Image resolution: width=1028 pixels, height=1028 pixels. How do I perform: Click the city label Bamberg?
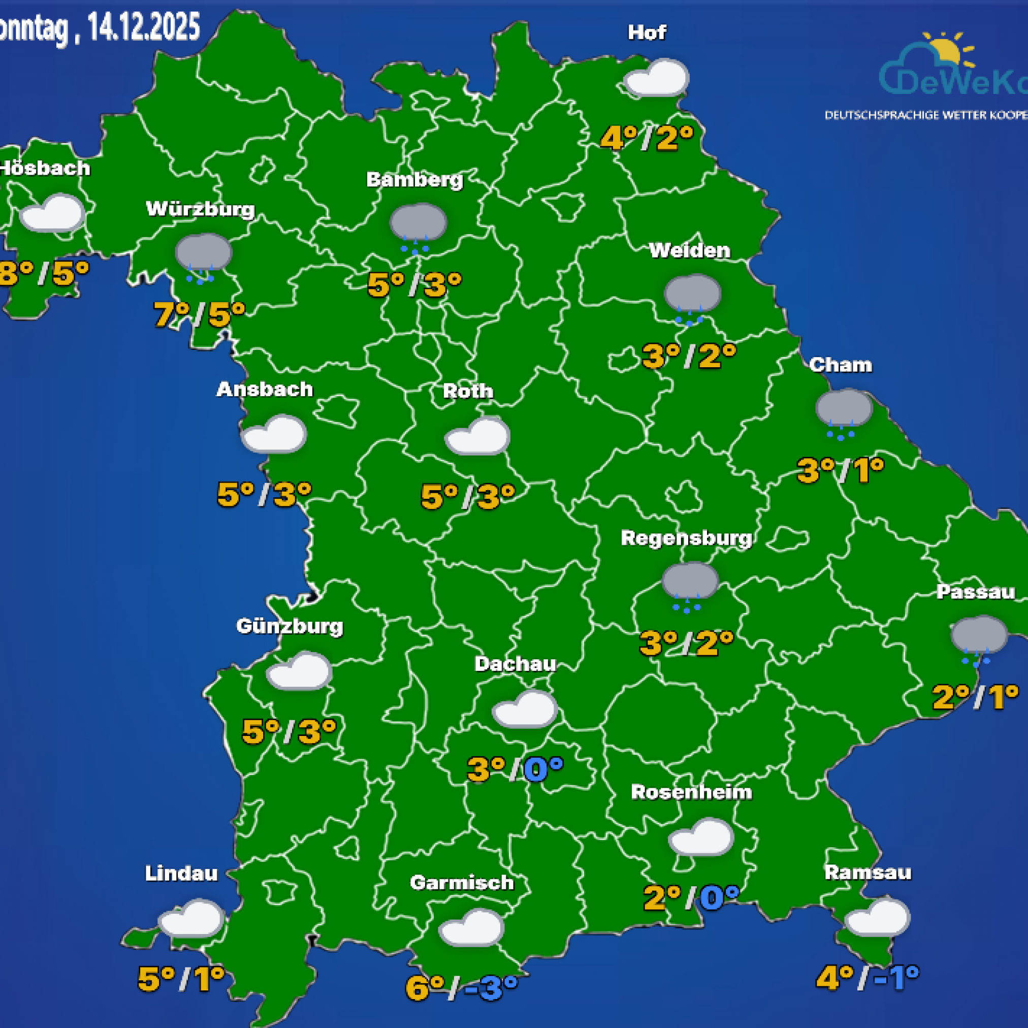[x=414, y=180]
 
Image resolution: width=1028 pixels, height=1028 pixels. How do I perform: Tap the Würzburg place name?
[x=200, y=209]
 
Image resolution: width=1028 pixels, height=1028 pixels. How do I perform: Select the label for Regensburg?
[x=686, y=538]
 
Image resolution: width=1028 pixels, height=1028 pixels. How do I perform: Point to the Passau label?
[x=975, y=592]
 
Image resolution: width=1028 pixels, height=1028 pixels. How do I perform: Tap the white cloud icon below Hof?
[x=656, y=78]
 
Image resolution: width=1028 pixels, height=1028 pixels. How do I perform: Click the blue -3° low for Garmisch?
[x=490, y=987]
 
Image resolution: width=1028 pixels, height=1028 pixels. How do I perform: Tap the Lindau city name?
[x=181, y=873]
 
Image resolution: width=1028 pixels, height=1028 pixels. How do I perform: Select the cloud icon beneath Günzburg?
[x=299, y=671]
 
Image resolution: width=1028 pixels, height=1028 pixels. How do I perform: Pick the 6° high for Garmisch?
[x=425, y=987]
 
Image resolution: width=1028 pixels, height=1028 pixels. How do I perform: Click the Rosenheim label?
[x=691, y=792]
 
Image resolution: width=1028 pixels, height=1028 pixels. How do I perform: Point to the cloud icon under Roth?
[x=477, y=436]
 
